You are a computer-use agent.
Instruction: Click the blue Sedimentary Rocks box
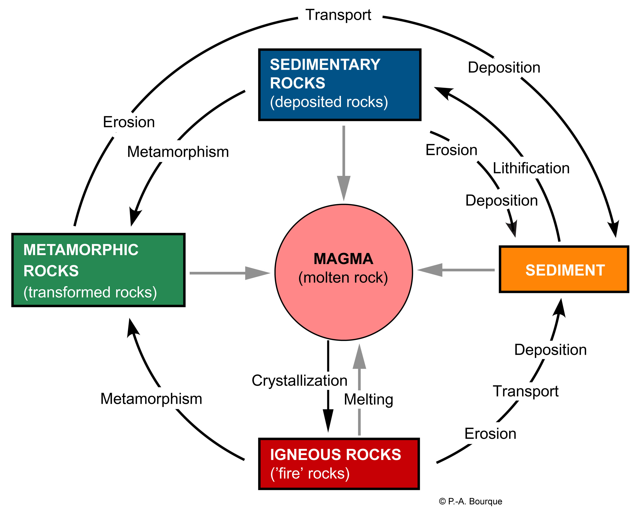point(340,85)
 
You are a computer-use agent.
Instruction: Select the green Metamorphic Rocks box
point(98,270)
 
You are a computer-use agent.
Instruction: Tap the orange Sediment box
point(564,269)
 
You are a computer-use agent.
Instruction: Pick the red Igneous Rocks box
point(339,464)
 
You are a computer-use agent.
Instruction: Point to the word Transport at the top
point(338,15)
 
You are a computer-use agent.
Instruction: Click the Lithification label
point(531,168)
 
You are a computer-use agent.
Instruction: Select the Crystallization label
point(299,381)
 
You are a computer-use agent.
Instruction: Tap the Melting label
point(368,400)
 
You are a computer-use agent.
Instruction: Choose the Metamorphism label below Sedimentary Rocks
point(178,152)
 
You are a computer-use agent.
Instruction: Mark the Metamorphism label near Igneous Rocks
point(151,399)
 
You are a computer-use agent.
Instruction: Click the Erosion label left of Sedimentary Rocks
point(129,122)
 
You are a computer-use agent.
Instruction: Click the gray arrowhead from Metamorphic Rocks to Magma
point(256,273)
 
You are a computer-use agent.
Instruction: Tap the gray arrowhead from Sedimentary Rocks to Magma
point(344,187)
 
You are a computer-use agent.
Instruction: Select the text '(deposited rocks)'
point(329,102)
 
